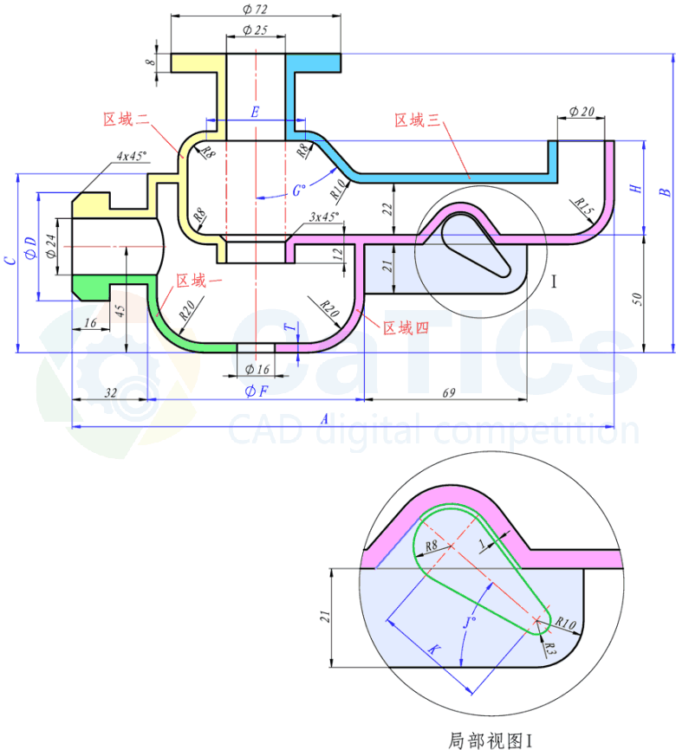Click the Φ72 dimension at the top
[256, 8]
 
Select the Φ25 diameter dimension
[256, 30]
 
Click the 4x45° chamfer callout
[133, 156]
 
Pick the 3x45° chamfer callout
[325, 217]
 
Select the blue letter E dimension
[255, 112]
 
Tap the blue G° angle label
[300, 189]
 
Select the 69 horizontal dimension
[449, 393]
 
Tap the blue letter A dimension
[325, 418]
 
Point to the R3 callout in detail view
[549, 647]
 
